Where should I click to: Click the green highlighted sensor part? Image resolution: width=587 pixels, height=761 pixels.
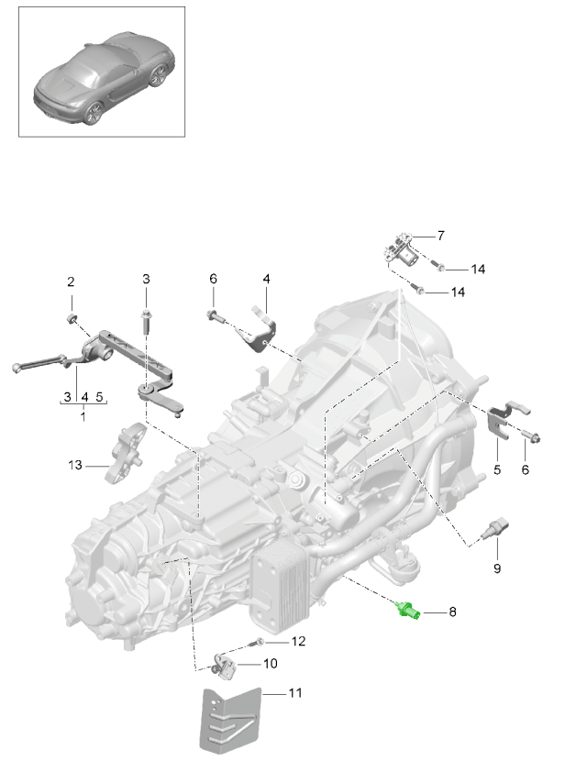[408, 610]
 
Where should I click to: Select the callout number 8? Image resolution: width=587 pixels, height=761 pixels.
[452, 610]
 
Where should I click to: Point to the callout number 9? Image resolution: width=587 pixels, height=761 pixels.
[496, 568]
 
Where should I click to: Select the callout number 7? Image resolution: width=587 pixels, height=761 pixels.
[440, 237]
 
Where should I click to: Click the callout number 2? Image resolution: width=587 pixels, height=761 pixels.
[69, 281]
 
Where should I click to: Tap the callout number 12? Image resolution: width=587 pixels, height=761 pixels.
[296, 642]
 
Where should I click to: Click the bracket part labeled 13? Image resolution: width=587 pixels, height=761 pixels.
[127, 455]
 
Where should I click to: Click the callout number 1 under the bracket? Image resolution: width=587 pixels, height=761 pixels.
[83, 416]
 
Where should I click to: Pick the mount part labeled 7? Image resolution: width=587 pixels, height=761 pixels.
[401, 250]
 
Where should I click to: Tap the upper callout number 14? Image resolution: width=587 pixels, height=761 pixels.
[477, 270]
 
